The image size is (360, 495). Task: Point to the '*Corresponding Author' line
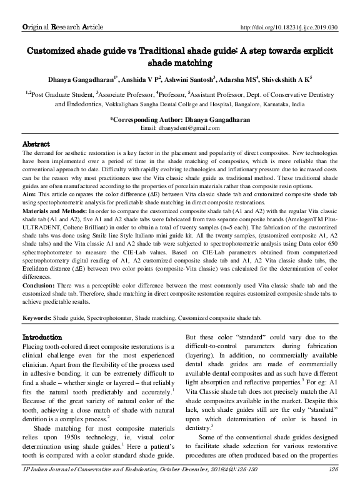click(x=180, y=119)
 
